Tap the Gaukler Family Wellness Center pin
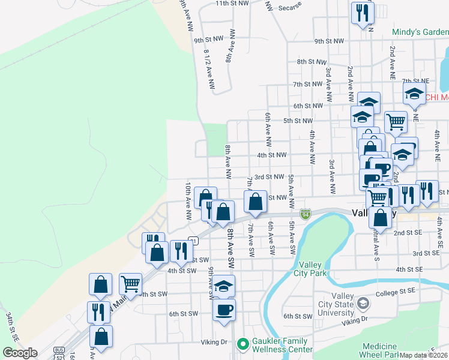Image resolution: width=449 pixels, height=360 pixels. [x=243, y=344]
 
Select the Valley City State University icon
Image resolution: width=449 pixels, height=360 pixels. [x=362, y=304]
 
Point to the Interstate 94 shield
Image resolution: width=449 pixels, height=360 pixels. [x=306, y=214]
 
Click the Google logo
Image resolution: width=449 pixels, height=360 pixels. [x=20, y=353]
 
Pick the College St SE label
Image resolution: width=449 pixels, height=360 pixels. [x=396, y=293]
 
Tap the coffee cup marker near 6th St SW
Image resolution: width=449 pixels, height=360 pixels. [x=224, y=311]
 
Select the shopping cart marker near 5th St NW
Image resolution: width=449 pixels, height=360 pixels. [x=396, y=122]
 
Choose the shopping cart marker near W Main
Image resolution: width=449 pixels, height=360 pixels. [x=130, y=284]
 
